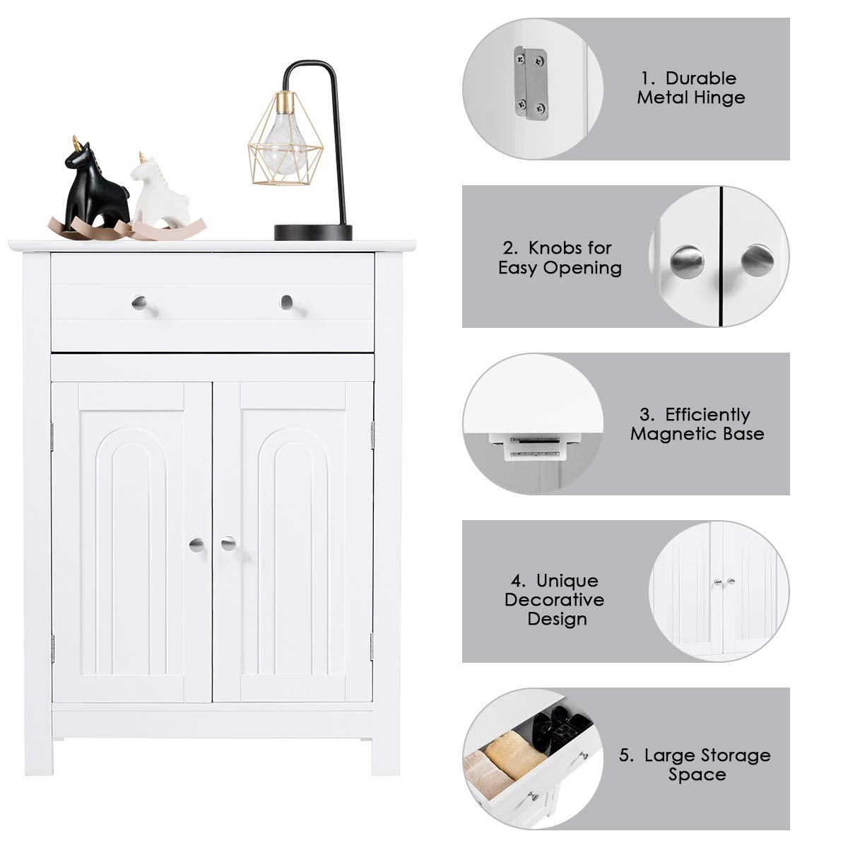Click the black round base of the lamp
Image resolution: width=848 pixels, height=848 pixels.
[313, 232]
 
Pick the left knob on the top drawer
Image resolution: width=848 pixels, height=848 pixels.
[139, 302]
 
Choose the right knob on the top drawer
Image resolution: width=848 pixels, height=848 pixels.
[286, 302]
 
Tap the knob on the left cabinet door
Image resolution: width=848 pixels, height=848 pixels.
[196, 545]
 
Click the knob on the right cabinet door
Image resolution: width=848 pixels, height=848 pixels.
[228, 544]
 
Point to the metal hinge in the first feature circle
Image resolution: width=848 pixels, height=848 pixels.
[531, 83]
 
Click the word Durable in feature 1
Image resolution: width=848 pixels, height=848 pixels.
[700, 78]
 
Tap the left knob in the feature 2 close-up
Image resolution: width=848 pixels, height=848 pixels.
[686, 262]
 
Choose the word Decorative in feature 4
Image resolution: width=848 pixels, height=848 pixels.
[555, 599]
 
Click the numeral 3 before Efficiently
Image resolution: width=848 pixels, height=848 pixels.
[645, 415]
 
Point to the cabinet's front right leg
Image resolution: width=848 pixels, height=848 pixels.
[386, 762]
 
